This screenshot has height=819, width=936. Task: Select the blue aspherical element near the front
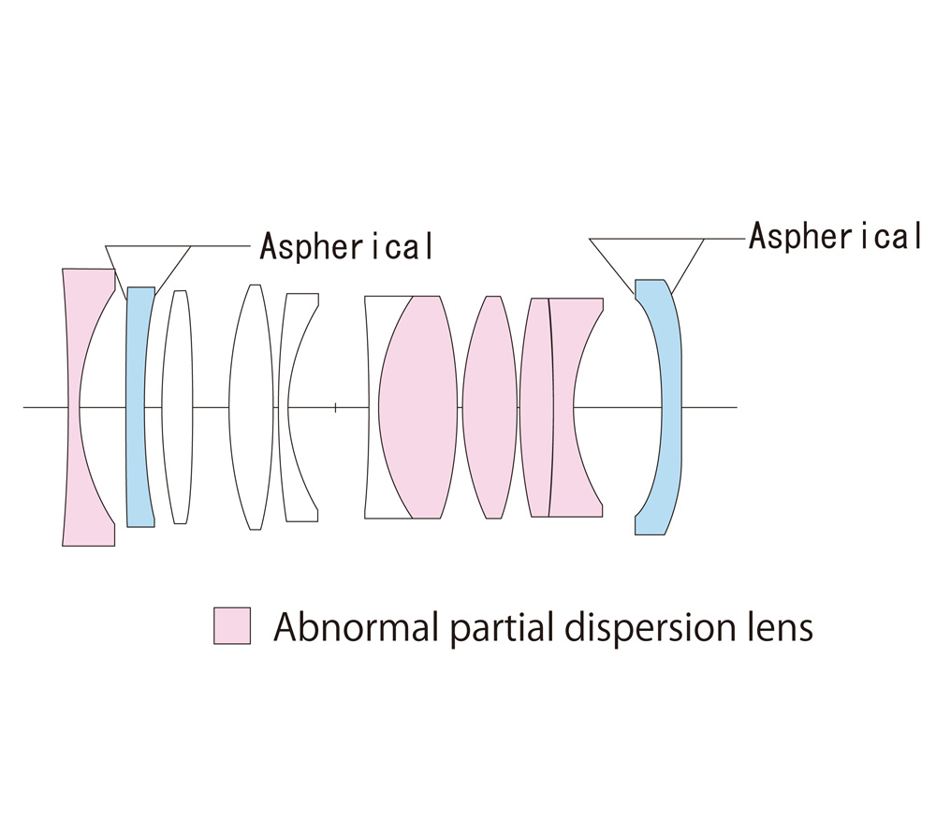pos(139,406)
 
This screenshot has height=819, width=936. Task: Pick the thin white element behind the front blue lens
pos(178,406)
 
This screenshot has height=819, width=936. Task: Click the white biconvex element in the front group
pos(251,406)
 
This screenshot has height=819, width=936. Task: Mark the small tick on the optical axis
pos(335,407)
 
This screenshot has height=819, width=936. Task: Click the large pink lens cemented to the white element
pos(418,406)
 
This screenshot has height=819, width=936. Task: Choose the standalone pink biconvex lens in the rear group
pos(490,406)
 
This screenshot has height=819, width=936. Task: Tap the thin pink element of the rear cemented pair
pos(536,406)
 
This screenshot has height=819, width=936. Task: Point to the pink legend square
pos(232,625)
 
